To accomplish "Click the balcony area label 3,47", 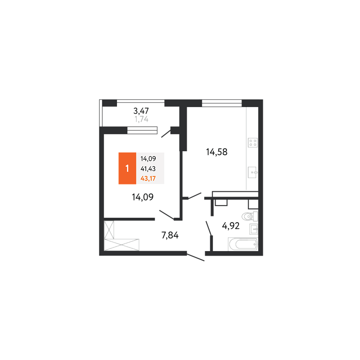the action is [x=141, y=111].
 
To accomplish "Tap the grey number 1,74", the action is [x=141, y=119].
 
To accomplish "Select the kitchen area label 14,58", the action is [x=217, y=152].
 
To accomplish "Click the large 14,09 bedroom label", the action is [x=143, y=197].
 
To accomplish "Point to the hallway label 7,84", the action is [x=170, y=235].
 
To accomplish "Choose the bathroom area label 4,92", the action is [x=231, y=226].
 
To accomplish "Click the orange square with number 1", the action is [x=127, y=168].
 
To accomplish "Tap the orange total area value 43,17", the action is [x=148, y=178].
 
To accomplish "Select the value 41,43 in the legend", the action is [x=148, y=169].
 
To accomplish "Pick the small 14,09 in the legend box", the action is [x=148, y=159].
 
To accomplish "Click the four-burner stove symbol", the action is [x=252, y=143].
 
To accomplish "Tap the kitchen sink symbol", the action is [x=252, y=172].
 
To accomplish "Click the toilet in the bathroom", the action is [x=250, y=216].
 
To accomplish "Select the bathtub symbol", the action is [x=243, y=244].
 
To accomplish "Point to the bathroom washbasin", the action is [x=254, y=229].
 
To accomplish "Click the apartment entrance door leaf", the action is [x=196, y=257].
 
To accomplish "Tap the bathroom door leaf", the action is [x=209, y=228].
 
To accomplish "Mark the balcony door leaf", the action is [x=166, y=134].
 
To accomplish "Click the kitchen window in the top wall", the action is [x=222, y=103].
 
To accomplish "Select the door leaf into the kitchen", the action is [x=195, y=196].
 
